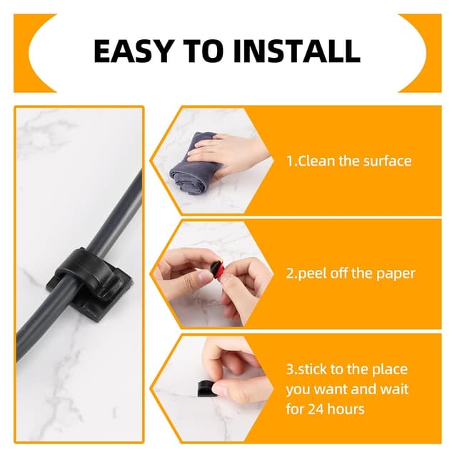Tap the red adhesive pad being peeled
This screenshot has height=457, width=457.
point(217,268)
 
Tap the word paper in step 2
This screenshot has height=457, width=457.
point(396,274)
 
